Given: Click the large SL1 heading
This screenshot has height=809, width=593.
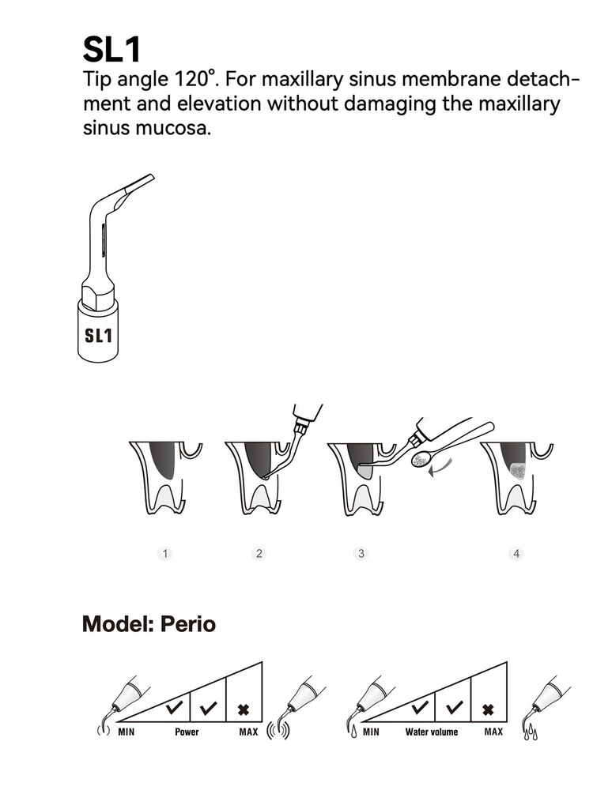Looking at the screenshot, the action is (111, 50).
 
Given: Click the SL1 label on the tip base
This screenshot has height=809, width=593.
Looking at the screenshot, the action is (98, 335).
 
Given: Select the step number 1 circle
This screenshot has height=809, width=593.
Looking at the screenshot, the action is (164, 554).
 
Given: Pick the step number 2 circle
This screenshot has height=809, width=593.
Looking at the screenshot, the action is (259, 554).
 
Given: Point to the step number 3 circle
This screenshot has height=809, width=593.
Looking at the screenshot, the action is (361, 554).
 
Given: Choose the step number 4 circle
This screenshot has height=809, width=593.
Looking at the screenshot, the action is (516, 554).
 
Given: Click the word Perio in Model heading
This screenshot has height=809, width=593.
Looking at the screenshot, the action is (188, 624).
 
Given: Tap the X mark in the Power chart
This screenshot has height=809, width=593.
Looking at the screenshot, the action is (244, 710).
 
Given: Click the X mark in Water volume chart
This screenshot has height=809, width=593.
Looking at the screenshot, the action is (488, 710).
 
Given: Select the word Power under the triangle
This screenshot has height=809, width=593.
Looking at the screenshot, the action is (187, 732).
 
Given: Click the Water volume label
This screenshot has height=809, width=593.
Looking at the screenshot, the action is (432, 732).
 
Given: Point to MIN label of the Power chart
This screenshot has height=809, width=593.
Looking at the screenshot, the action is (126, 732).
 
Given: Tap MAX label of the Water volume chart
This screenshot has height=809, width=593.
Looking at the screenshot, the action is (493, 732).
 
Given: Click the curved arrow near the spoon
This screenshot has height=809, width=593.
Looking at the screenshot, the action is (440, 468).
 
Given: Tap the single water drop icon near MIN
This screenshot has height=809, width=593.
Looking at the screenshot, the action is (354, 732).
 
